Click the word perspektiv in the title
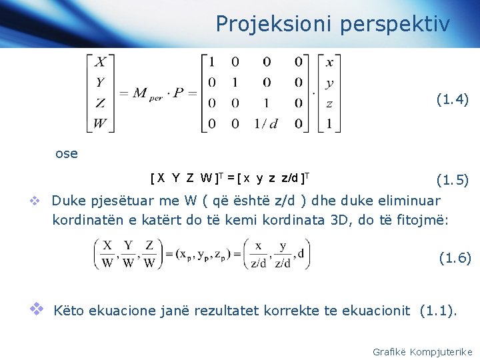(394, 25)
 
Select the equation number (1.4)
(453, 100)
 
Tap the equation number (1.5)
(453, 180)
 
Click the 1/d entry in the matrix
(266, 123)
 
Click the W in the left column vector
(99, 123)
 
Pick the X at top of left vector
(99, 63)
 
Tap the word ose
(67, 154)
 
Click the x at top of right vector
(329, 63)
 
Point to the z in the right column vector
(329, 103)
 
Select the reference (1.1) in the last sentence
(437, 310)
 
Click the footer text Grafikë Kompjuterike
(423, 351)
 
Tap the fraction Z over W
(149, 255)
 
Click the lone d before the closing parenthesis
(301, 253)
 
